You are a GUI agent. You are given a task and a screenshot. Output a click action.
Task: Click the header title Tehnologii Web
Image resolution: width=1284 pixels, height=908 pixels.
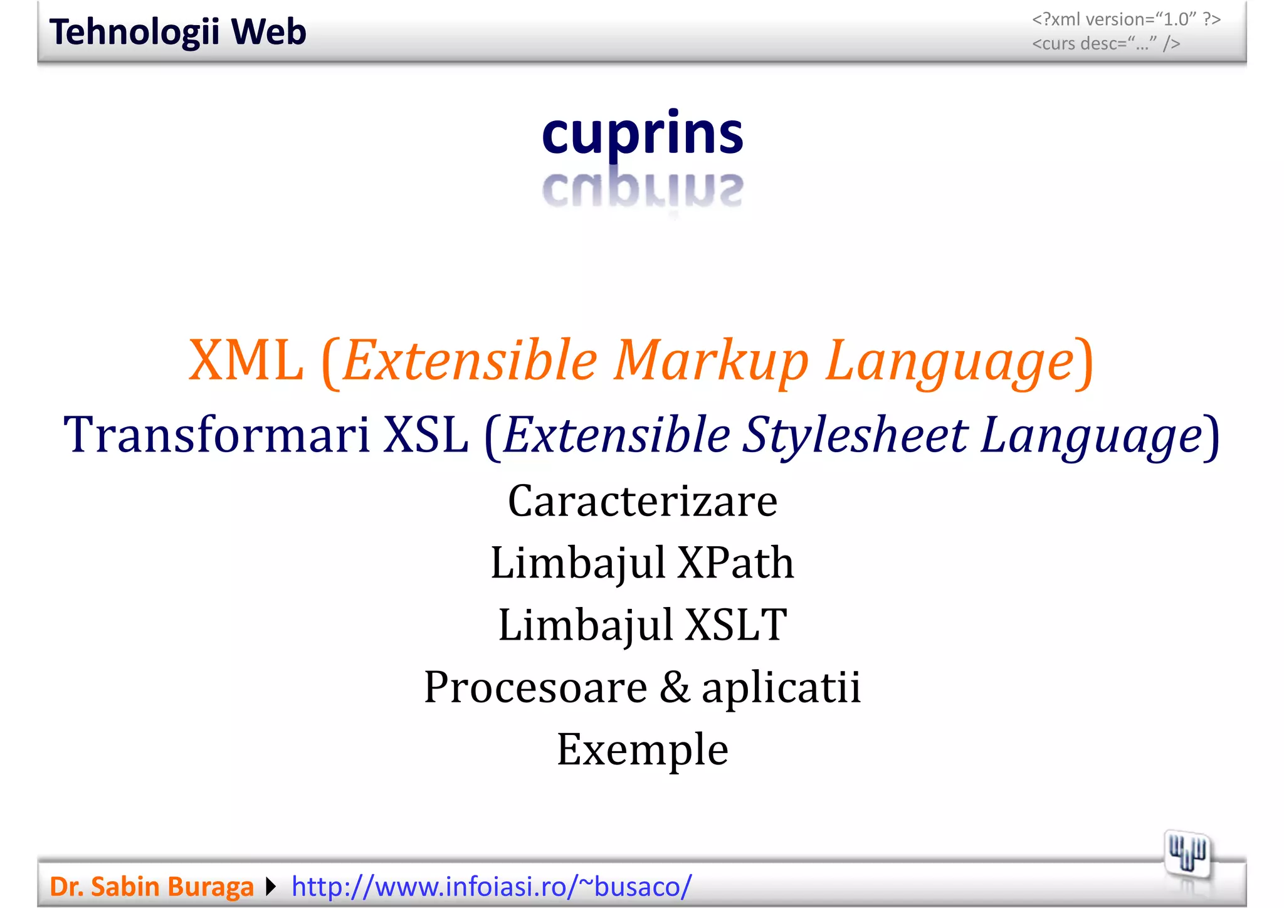[177, 32]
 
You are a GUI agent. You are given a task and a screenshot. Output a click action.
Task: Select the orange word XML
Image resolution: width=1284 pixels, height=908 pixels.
[246, 361]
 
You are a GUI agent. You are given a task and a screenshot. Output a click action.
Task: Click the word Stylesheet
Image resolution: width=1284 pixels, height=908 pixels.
[855, 435]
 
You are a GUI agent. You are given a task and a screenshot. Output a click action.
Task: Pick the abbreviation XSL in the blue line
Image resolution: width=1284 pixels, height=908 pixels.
[426, 435]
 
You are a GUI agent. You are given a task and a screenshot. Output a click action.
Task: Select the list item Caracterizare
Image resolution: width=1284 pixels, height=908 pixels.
[642, 502]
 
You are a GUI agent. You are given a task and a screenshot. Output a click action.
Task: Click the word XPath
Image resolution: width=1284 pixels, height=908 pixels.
[735, 562]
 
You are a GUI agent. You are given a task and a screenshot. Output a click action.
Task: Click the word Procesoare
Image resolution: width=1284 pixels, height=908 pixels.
[535, 687]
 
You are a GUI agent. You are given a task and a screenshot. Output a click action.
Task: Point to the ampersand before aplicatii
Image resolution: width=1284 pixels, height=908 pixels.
[674, 687]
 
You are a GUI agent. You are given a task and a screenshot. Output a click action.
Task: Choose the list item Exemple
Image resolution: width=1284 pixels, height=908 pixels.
[642, 749]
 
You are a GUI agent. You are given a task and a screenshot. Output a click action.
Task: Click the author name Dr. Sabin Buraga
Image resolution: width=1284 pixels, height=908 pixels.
[151, 887]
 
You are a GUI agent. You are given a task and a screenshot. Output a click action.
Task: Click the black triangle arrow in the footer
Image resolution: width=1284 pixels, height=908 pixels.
[271, 887]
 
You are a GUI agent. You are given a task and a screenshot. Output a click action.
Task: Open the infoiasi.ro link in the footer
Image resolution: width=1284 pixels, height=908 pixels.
[492, 887]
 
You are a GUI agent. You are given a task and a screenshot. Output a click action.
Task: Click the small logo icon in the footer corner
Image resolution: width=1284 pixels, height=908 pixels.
[1187, 854]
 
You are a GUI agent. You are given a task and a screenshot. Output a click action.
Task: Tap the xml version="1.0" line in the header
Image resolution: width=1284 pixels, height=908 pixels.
[1126, 19]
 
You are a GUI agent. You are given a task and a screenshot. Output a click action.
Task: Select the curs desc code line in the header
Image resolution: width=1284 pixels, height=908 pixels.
[1106, 44]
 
